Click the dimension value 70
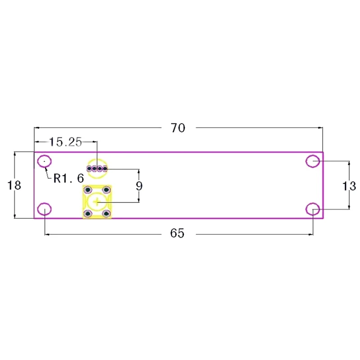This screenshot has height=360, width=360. point(178,128)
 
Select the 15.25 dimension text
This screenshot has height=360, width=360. point(66,142)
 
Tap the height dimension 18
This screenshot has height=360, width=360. point(15,185)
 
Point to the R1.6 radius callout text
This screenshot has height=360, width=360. point(68,178)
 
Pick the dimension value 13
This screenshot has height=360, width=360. point(349,185)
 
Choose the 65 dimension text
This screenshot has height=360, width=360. point(178,234)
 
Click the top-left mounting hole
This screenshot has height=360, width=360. point(45,161)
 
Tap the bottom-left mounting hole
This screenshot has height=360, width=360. point(45,209)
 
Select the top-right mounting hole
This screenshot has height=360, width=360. point(313,161)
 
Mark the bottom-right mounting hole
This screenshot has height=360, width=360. point(313,209)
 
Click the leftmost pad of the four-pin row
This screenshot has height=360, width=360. point(90,169)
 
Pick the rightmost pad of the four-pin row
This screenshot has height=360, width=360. point(105,169)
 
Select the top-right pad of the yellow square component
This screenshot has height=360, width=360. point(107,189)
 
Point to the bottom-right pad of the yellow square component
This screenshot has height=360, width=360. point(107,213)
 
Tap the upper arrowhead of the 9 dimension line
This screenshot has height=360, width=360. point(139,171)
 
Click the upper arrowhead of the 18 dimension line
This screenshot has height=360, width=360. point(15,153)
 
